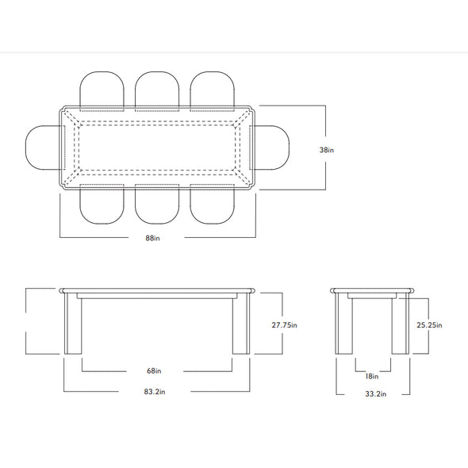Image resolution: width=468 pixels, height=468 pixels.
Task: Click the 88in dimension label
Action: pos(152,238)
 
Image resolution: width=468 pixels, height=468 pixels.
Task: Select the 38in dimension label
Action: pos(327,150)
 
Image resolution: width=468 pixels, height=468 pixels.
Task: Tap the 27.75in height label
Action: pos(284,324)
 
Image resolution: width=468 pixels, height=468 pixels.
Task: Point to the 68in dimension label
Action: pos(154,370)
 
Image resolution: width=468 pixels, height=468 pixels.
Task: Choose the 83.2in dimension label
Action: pos(155,392)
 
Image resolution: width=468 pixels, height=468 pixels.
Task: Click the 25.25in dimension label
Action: pos(429,324)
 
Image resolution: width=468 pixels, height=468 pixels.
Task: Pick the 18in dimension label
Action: pos(371,376)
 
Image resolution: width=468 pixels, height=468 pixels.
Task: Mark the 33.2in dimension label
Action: pos(375,394)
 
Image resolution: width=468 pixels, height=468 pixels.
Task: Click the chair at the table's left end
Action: pos(44,148)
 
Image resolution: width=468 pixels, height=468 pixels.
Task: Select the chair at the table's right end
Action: pos(270,148)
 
